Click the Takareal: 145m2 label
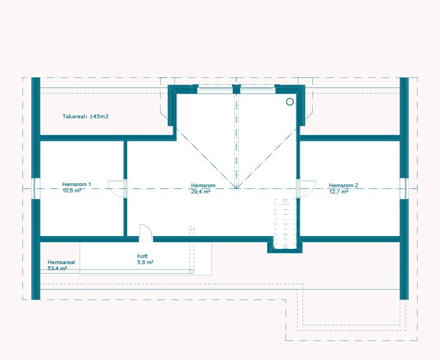coord(85,116)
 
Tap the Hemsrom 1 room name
coord(77,184)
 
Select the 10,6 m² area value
coord(72,191)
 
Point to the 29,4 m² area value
coord(201,192)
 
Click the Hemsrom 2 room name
coord(344,186)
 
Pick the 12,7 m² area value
coord(339,192)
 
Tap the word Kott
coord(142,256)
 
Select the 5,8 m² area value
coord(145,262)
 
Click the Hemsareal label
coord(61,262)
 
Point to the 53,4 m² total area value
coord(57,269)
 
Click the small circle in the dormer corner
coord(290,101)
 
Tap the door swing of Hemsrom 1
coord(117,188)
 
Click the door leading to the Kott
coord(146,233)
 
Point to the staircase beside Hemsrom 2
coord(285,224)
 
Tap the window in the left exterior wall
coord(35,188)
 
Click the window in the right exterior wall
coord(404,188)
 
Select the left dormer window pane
coord(215,89)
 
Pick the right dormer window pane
coord(258,89)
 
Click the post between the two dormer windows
coord(237,89)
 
